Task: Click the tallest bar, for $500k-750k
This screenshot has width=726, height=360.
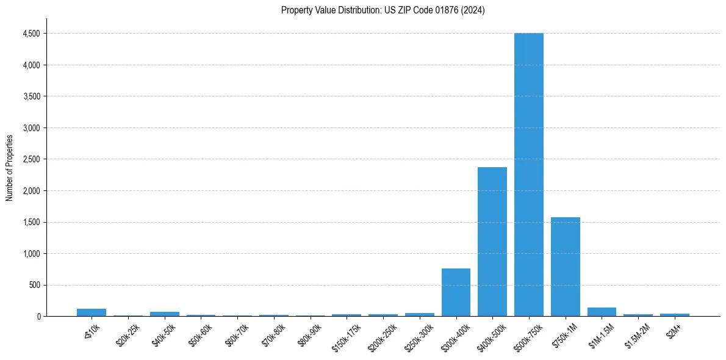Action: click(528, 175)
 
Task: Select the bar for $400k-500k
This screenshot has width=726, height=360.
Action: click(492, 242)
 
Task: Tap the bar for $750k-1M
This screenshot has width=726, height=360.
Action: click(565, 267)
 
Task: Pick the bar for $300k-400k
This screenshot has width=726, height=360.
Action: click(456, 292)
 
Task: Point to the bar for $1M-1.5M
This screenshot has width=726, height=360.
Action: click(602, 312)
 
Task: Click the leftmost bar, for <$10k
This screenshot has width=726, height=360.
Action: click(92, 312)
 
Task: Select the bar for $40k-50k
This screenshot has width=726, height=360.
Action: click(164, 314)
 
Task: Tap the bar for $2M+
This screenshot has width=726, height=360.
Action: click(674, 315)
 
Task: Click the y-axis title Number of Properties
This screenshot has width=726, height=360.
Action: click(10, 168)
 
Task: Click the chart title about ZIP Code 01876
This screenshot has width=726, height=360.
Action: click(383, 10)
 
